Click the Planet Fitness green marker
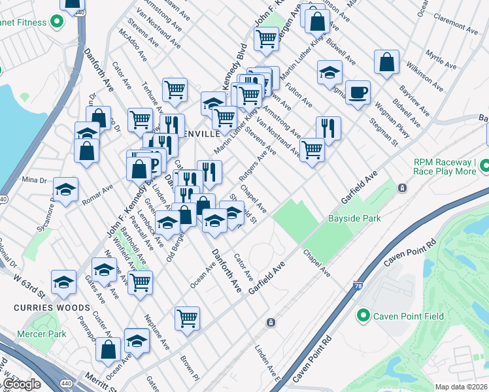click(x=57, y=22)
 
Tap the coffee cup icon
click(x=357, y=92)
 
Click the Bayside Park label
click(x=354, y=219)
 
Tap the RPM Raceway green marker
click(x=484, y=167)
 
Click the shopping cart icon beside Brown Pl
click(x=187, y=318)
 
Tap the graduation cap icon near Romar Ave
click(x=65, y=189)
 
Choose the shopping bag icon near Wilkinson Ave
click(x=386, y=62)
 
